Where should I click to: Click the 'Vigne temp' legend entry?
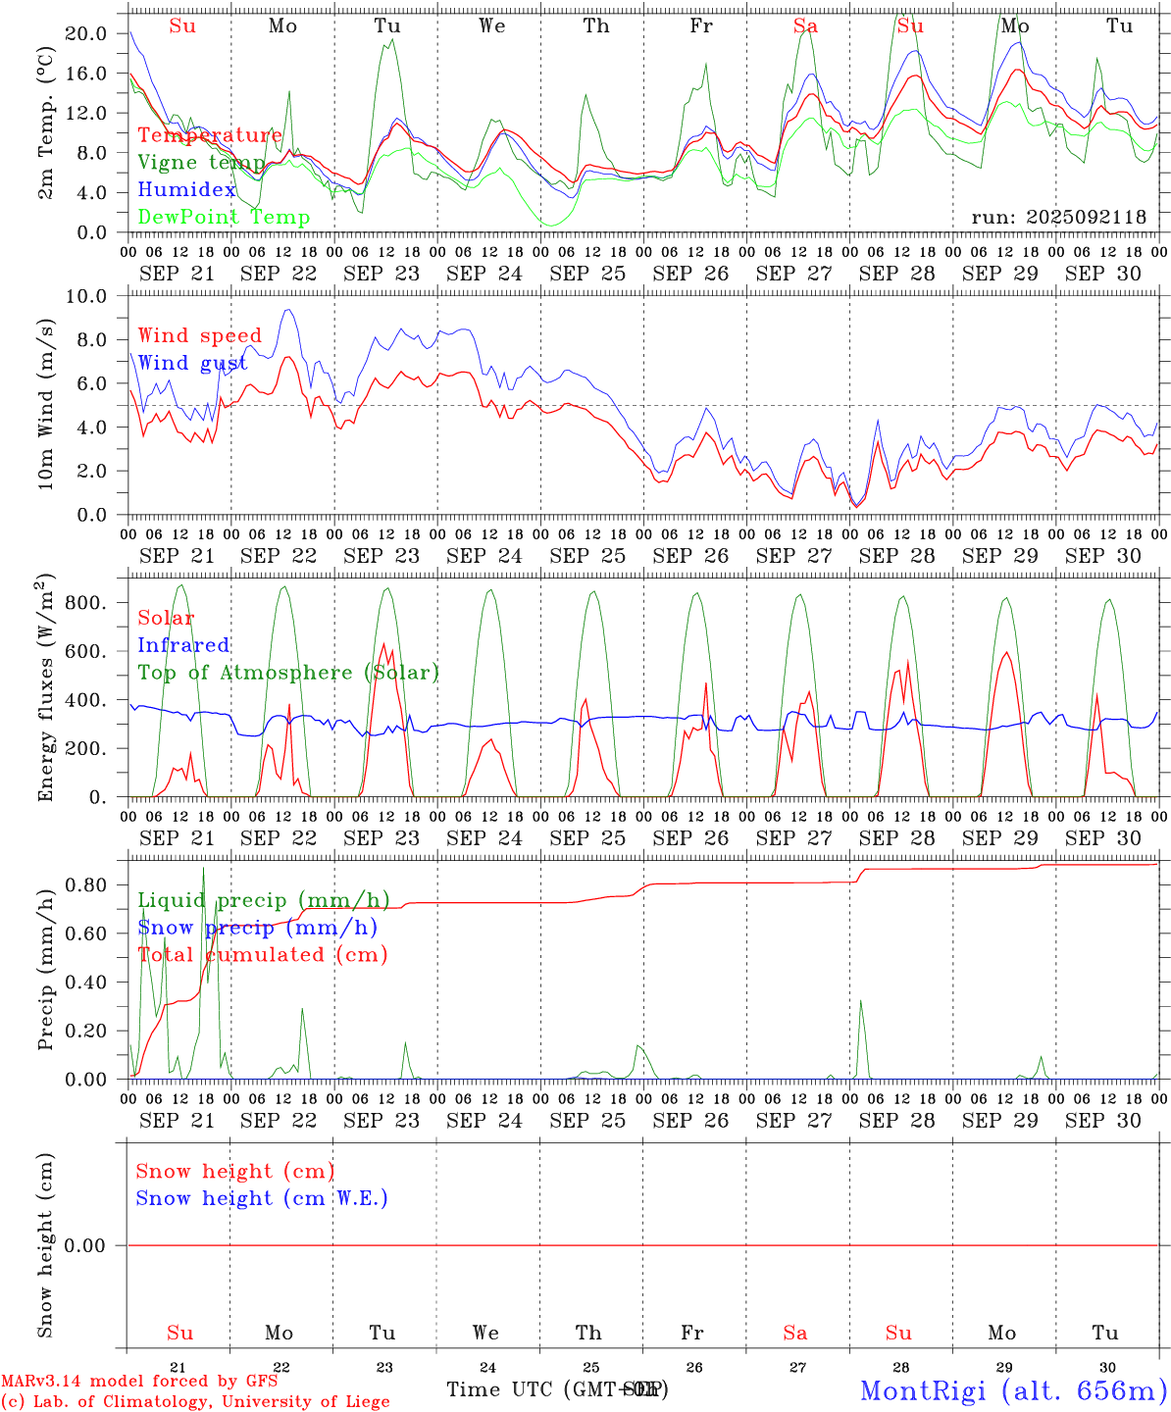coord(201,162)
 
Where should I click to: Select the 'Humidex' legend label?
coord(187,189)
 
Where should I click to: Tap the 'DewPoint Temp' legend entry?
coord(224,217)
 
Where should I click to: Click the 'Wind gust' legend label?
coord(192,363)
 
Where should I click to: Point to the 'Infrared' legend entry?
coord(183,645)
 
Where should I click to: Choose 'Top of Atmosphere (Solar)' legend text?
coord(288,673)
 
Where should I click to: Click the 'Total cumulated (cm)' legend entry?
coord(262,954)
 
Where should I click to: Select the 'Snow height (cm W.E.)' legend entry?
coord(262,1198)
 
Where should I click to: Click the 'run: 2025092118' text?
coord(1058,217)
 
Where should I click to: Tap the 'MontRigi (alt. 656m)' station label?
coord(1013,1389)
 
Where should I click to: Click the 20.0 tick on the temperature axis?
coord(86,33)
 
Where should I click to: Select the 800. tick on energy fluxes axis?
coord(86,602)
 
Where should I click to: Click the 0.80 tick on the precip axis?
coord(86,884)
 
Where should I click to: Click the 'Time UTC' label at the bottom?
coord(503,1389)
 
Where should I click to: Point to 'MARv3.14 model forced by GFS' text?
coord(139,1381)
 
